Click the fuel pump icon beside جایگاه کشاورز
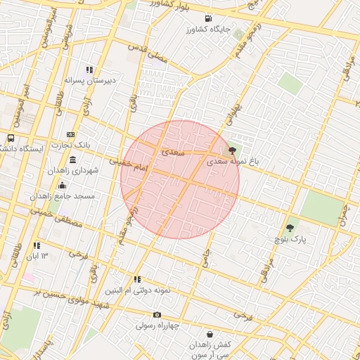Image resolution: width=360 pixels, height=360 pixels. click(207, 18)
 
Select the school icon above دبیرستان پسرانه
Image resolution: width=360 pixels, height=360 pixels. click(89, 70)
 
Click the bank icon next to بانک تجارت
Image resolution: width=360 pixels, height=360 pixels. click(70, 134)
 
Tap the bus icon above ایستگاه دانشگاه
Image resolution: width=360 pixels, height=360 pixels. click(11, 138)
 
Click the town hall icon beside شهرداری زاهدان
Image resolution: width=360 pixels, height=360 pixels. click(73, 161)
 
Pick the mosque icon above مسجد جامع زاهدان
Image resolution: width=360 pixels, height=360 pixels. click(63, 186)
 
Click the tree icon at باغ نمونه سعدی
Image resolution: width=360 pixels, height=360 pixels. click(232, 150)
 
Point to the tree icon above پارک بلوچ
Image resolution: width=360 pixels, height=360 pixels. click(290, 228)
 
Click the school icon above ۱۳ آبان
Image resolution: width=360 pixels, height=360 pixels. click(36, 245)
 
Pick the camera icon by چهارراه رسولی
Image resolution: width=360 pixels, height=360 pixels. click(157, 314)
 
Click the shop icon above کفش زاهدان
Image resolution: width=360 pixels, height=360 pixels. click(210, 335)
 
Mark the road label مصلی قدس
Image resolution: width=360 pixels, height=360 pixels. click(149, 56)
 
